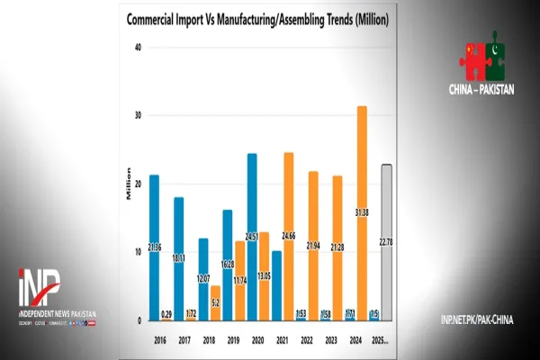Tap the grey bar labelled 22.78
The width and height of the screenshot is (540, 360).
386,242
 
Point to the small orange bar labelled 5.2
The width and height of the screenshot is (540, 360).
215,303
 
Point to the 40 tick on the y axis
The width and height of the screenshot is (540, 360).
138,48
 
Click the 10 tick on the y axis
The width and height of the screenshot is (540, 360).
138,252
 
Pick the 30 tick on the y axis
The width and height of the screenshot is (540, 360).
138,116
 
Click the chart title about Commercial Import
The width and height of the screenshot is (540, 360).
258,18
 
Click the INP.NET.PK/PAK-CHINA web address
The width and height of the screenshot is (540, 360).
477,319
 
